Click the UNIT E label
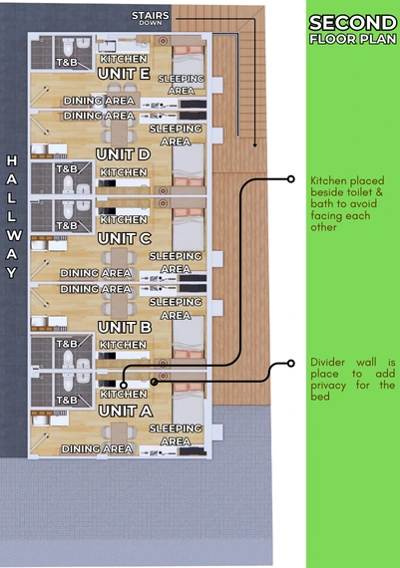124,74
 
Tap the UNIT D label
123,154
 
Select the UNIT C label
125,239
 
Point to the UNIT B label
125,328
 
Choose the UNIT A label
126,412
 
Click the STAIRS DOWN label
151,18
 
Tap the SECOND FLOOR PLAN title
353,30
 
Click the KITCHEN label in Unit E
124,59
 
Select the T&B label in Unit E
67,63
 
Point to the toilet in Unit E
68,47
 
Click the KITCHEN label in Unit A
124,395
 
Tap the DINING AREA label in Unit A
97,449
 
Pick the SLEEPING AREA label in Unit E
181,85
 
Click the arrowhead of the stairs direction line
255,144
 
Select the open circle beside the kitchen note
290,179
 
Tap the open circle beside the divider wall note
290,363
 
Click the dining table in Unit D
119,133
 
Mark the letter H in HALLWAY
12,160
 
